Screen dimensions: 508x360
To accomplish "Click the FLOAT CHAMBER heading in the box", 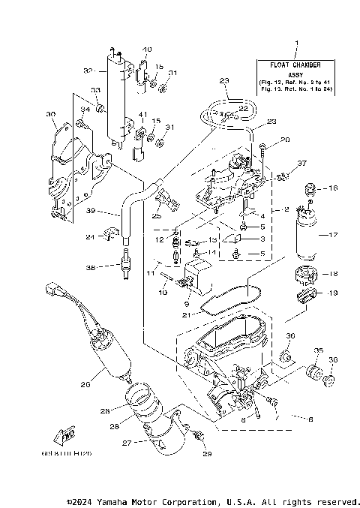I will coord(296,65).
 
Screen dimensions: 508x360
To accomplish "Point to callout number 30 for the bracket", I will coord(51,115).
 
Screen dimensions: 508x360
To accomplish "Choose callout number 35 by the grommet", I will coord(318,350).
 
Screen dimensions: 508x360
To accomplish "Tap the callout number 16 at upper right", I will coord(333,188).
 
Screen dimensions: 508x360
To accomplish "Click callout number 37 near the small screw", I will coord(302,163).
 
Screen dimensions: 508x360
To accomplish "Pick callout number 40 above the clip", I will coord(147,49).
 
